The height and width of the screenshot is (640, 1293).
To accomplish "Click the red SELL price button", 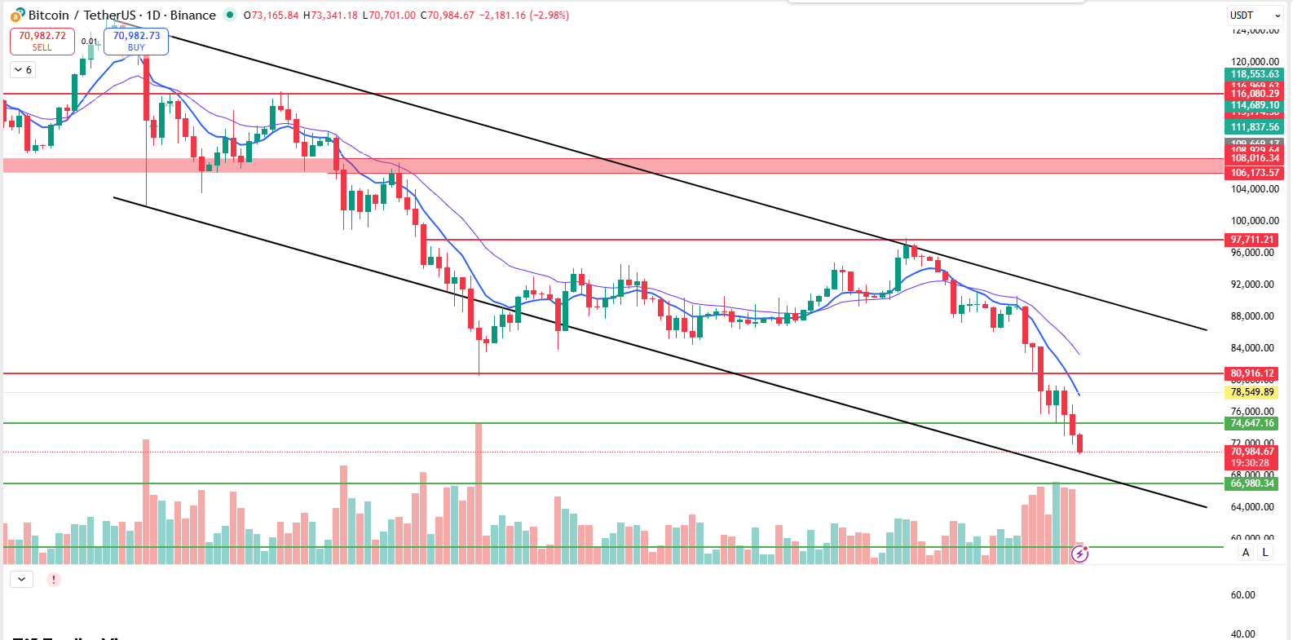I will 42,42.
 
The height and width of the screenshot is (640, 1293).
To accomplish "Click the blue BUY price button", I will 136,42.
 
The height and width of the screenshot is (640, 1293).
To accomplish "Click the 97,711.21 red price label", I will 1252,240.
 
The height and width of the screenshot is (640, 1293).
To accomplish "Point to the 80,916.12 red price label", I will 1252,373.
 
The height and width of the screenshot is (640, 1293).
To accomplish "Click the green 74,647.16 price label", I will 1252,423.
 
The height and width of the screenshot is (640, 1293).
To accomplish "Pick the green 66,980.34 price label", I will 1252,483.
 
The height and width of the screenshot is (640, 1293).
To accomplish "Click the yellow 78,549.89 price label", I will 1252,392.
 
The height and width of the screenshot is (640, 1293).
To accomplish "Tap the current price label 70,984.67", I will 1252,452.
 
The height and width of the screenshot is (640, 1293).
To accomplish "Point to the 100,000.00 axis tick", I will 1255,221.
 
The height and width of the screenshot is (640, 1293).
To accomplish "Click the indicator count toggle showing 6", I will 23,70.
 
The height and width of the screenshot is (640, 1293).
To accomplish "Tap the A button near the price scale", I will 1246,552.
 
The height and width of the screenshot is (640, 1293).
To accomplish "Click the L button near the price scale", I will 1265,552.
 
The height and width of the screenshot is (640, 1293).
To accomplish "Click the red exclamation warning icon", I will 53,580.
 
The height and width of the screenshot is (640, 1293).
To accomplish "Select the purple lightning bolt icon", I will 1079,554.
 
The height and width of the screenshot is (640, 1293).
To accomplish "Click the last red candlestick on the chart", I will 1080,444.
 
